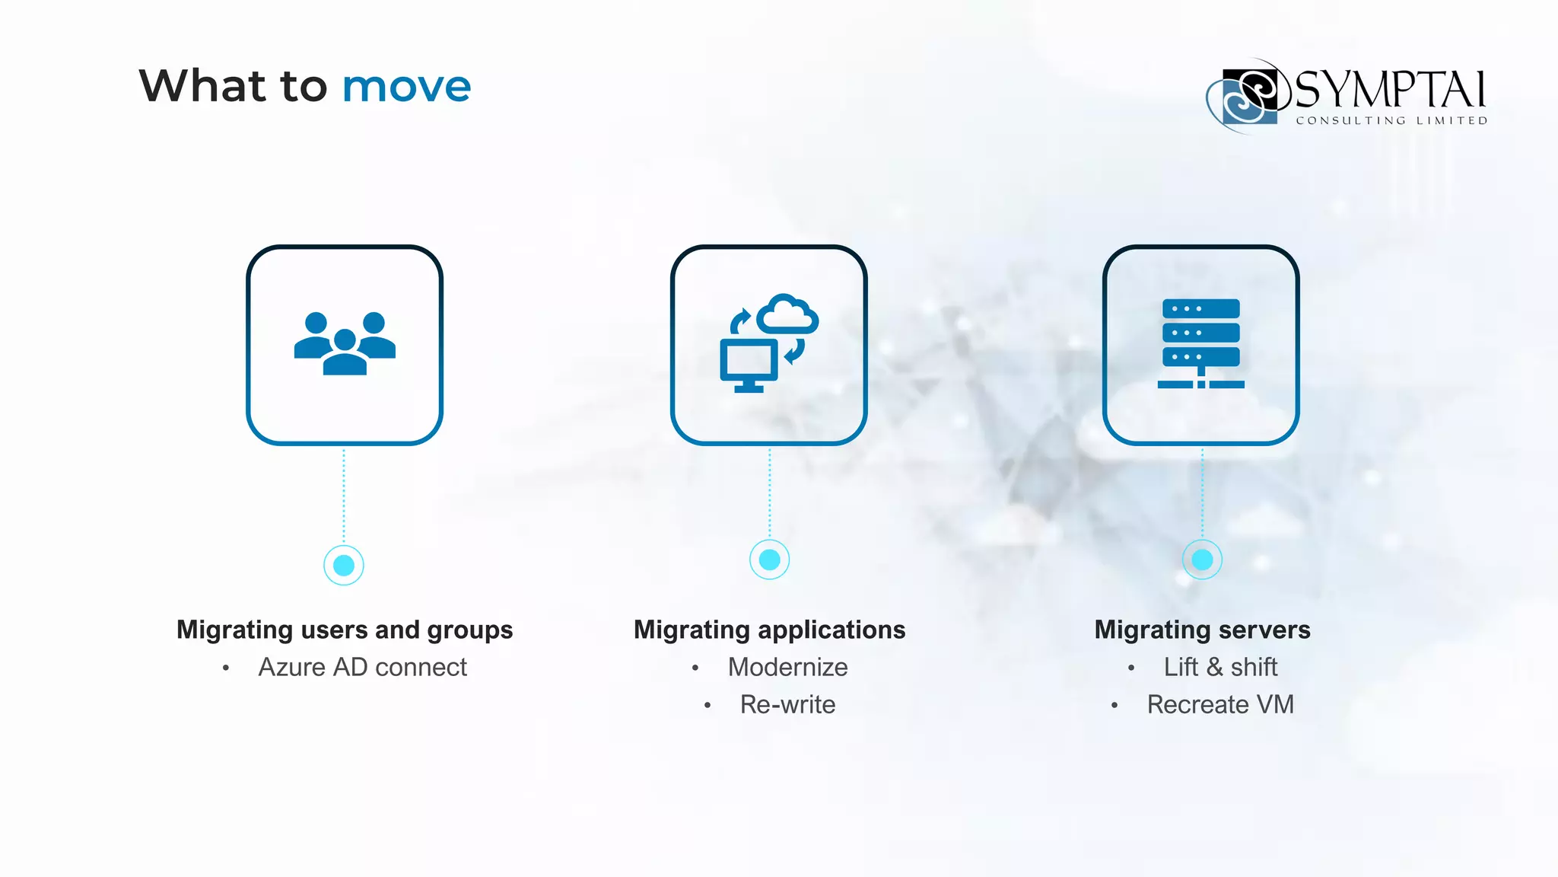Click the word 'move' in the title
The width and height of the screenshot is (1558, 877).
[406, 86]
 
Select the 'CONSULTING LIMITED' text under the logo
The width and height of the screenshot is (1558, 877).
[1391, 120]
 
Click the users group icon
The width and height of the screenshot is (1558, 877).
[345, 343]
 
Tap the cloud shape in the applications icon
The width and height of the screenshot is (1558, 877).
[788, 314]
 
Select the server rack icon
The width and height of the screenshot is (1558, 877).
[1201, 343]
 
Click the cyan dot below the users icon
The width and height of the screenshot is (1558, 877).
[344, 565]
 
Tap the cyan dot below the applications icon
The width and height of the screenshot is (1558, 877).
[770, 560]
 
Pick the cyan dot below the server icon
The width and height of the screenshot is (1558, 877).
[1202, 560]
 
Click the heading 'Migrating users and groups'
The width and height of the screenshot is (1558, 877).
[345, 630]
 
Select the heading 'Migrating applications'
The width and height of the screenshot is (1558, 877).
[770, 630]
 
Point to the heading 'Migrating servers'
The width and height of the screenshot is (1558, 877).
[1202, 630]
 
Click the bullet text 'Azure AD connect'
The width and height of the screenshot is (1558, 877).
[362, 667]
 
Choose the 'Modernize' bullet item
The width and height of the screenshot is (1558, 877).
[787, 667]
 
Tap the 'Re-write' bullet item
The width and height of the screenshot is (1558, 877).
[787, 704]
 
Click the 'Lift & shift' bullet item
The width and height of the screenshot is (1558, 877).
[1220, 667]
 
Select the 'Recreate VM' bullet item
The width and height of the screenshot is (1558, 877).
[1220, 704]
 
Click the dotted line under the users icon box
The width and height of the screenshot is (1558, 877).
[344, 495]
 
